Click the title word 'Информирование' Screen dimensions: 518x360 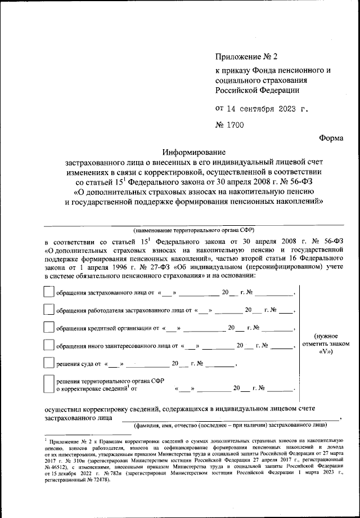tap(193, 153)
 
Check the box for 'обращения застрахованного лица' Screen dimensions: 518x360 tap(49, 292)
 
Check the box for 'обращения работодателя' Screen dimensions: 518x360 tap(49, 310)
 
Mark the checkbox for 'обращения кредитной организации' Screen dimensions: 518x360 tap(49, 327)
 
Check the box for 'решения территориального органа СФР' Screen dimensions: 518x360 tap(49, 384)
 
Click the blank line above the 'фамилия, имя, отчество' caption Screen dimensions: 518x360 tap(231, 417)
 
